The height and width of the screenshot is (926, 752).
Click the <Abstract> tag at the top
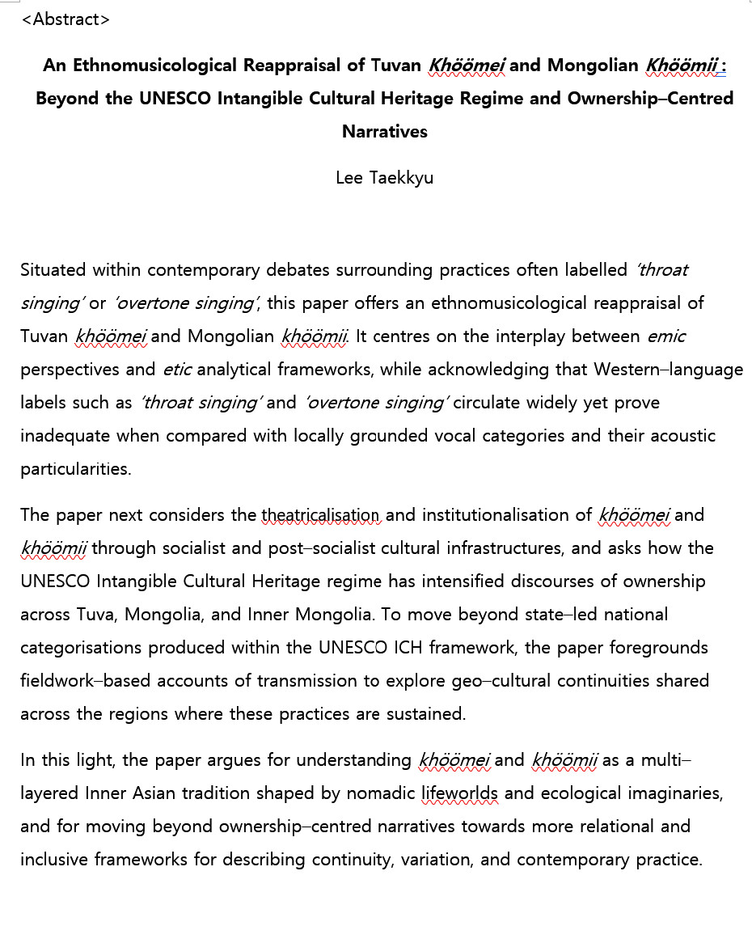tap(65, 19)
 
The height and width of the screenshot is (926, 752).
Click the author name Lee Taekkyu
tap(384, 178)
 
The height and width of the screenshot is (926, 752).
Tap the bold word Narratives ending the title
tap(384, 131)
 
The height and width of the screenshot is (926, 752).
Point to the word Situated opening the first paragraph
tap(53, 269)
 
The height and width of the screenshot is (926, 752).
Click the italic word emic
tap(666, 336)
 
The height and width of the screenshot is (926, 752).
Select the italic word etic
tap(177, 370)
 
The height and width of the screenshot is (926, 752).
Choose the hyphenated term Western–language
tap(668, 370)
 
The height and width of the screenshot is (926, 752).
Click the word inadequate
tap(65, 436)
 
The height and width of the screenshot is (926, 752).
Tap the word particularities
tap(75, 469)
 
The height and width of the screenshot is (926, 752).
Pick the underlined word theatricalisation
tap(320, 514)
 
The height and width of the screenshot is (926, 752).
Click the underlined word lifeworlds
tap(460, 793)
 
